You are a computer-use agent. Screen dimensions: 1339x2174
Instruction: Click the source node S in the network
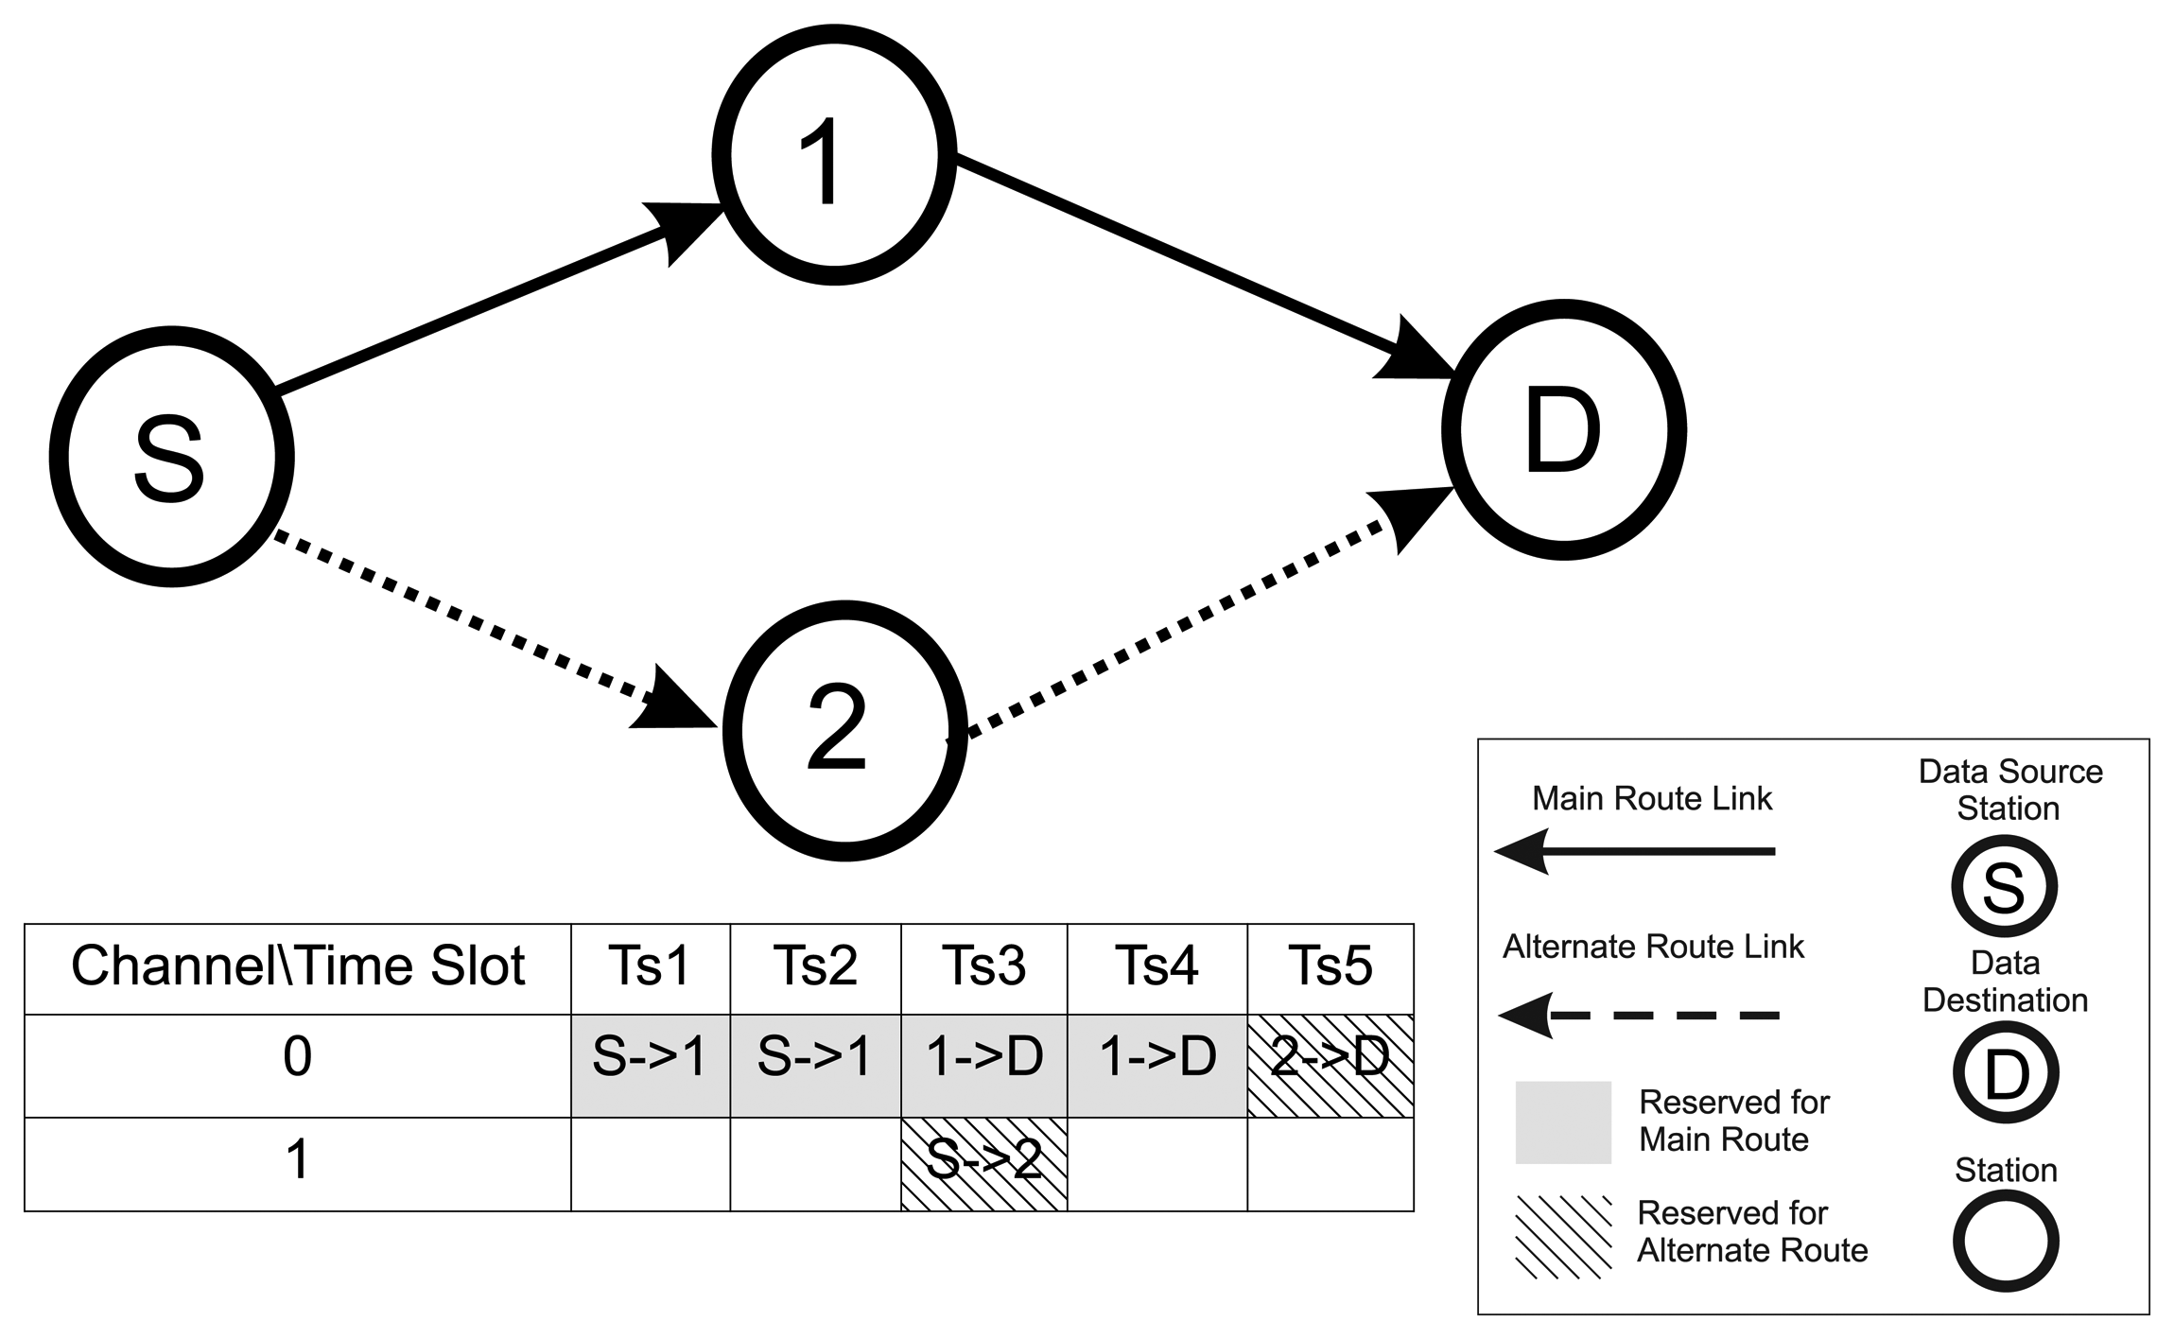171,458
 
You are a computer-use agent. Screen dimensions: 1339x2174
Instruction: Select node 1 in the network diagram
833,155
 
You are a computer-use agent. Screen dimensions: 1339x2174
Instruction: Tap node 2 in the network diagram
844,730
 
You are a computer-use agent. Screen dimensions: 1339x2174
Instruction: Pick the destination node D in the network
1563,430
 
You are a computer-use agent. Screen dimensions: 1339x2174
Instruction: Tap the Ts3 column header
983,967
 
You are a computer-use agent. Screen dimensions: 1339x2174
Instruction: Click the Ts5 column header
1330,967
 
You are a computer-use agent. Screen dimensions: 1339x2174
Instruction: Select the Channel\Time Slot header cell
298,967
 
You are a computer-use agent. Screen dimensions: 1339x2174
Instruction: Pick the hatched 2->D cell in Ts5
1330,1065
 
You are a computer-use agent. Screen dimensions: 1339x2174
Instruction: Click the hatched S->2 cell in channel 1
983,1163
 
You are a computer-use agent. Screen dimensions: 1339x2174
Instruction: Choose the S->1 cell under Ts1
650,1065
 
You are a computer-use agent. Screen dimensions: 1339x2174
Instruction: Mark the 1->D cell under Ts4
1157,1065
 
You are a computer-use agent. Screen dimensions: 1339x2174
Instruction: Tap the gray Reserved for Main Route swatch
1562,1122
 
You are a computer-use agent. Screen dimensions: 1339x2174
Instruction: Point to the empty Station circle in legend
2005,1242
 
